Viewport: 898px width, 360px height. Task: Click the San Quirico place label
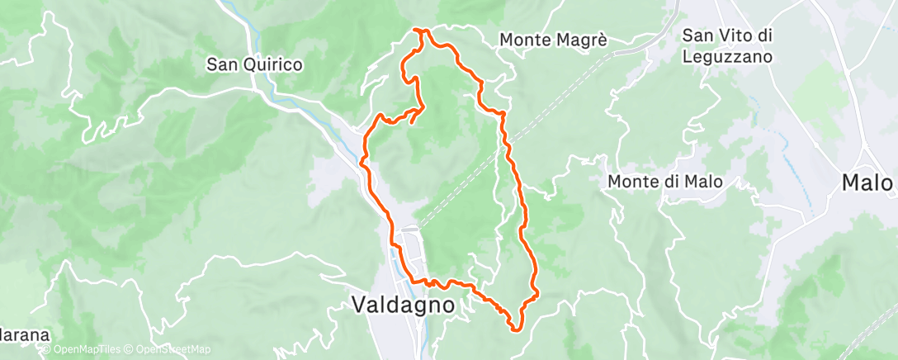pyautogui.click(x=254, y=64)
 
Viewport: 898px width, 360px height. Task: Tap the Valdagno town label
pyautogui.click(x=404, y=305)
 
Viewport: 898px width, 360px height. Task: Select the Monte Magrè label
pyautogui.click(x=553, y=39)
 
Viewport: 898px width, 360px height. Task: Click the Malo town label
pyautogui.click(x=867, y=182)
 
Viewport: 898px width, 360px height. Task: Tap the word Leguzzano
pyautogui.click(x=727, y=57)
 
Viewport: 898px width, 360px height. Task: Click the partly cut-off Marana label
pyautogui.click(x=23, y=336)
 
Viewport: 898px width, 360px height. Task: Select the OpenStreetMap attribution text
pyautogui.click(x=169, y=350)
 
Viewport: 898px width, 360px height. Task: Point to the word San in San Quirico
pyautogui.click(x=220, y=64)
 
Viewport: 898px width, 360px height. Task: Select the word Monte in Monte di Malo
pyautogui.click(x=630, y=182)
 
